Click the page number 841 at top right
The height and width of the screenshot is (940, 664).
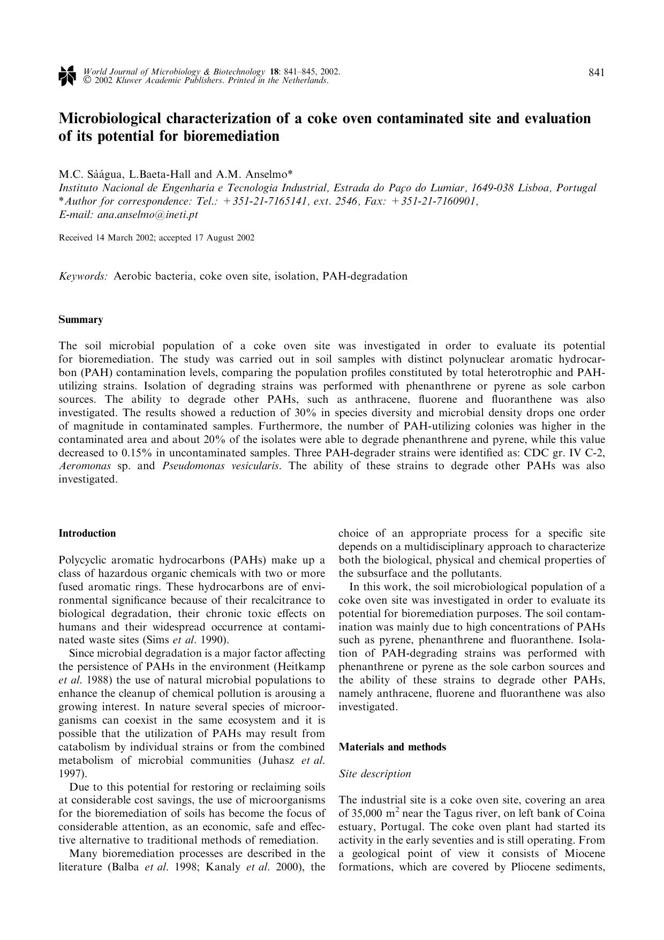[597, 72]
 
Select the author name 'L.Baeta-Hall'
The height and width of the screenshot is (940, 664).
[160, 174]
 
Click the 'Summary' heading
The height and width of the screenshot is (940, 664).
[80, 320]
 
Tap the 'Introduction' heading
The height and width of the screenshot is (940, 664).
[87, 533]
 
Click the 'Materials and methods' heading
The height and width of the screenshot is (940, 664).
[392, 747]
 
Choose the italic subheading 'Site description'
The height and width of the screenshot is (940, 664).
[375, 773]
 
